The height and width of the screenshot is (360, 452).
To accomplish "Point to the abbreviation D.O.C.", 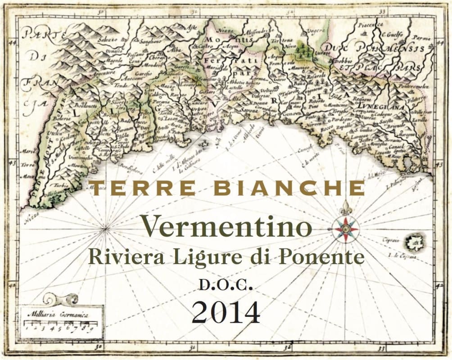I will [225, 285].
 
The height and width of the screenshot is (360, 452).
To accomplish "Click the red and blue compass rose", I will [345, 229].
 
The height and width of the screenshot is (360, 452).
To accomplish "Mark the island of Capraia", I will [414, 243].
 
